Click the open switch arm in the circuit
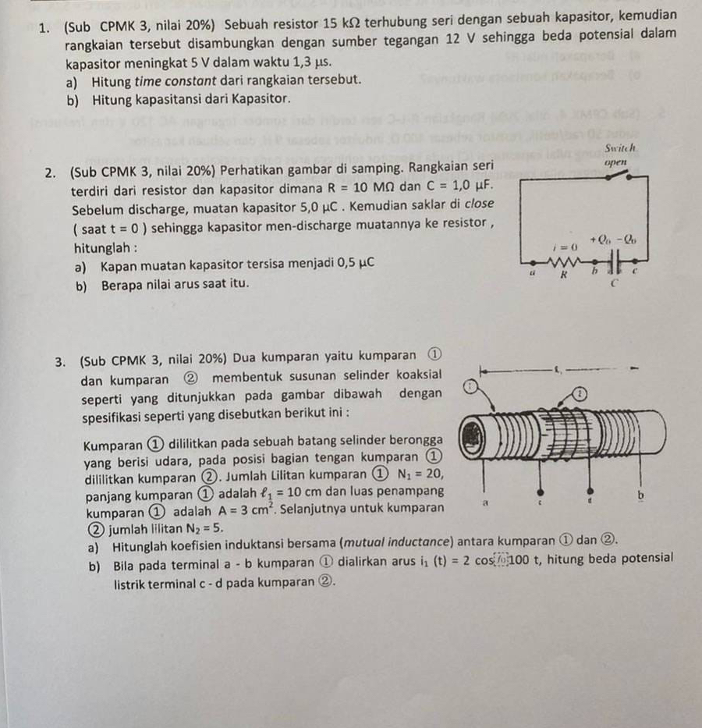click(x=628, y=175)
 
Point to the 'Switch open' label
click(x=619, y=154)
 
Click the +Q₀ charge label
click(x=601, y=238)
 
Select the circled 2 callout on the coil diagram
click(x=581, y=395)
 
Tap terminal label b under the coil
click(x=640, y=495)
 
